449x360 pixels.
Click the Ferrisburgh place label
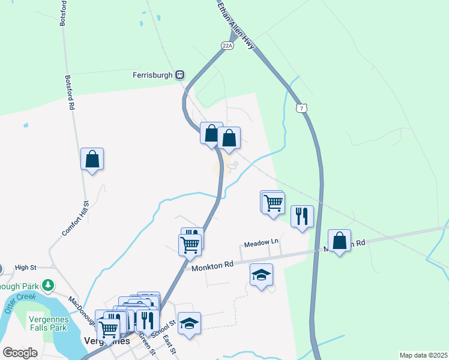click(x=152, y=75)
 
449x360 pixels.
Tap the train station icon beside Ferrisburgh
click(x=179, y=75)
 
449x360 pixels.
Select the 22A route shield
click(x=226, y=45)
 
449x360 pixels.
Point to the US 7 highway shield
click(x=302, y=107)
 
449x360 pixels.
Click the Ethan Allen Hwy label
click(x=236, y=23)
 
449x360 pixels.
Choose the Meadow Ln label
click(x=261, y=242)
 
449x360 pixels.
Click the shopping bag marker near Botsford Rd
click(x=92, y=160)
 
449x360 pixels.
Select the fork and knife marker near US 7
click(x=302, y=216)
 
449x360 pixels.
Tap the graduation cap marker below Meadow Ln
click(x=261, y=275)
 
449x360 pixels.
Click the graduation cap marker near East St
click(x=190, y=324)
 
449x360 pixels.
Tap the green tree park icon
click(x=44, y=287)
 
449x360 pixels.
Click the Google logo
click(x=20, y=353)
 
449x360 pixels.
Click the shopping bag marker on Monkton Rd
click(x=339, y=241)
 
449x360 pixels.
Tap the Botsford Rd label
click(x=69, y=91)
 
